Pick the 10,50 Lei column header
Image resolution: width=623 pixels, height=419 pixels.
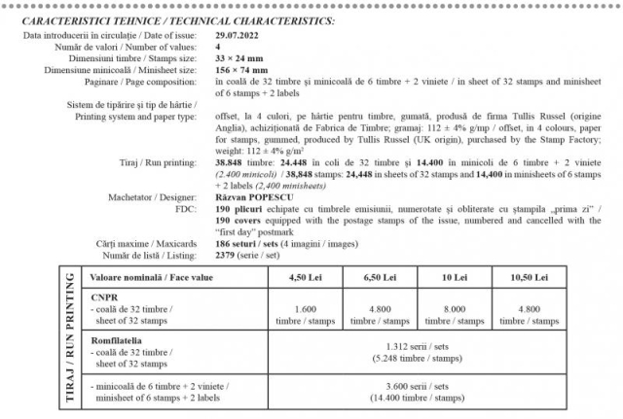(x=532, y=277)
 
